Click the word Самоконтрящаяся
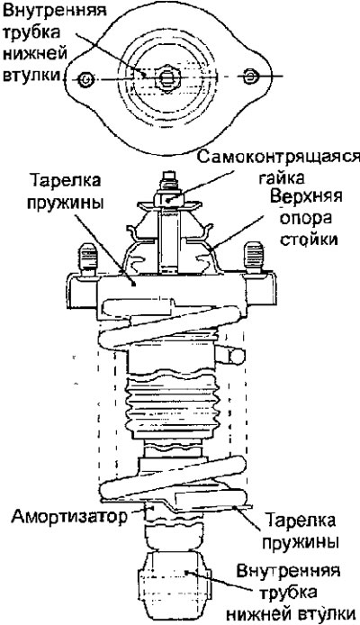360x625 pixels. (x=278, y=158)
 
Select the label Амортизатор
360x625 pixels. (x=69, y=517)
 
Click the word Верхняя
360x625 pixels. (x=306, y=197)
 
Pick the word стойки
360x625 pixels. (x=308, y=240)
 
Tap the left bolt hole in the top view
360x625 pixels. (x=86, y=80)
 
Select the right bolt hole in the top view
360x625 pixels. (x=249, y=77)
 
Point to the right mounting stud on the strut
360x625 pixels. (x=254, y=256)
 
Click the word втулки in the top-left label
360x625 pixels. (x=31, y=75)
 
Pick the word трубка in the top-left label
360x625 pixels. (x=32, y=32)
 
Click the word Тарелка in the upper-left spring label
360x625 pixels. (x=65, y=180)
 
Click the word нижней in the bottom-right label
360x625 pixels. (x=270, y=613)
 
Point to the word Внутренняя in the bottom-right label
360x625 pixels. (x=288, y=571)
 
